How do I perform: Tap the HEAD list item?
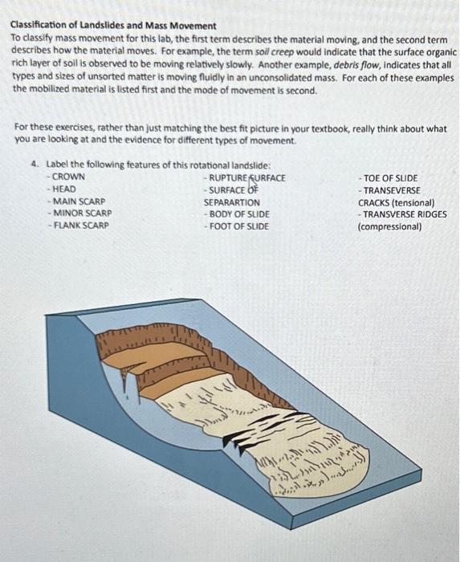[64, 189]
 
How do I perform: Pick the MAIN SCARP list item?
[78, 201]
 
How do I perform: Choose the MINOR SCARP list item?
[80, 214]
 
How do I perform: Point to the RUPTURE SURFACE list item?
[246, 177]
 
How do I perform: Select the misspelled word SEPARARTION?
[231, 202]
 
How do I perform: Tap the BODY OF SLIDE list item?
[238, 214]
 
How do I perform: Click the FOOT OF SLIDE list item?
[238, 226]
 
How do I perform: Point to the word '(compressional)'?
[390, 226]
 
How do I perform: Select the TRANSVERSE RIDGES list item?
[402, 214]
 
